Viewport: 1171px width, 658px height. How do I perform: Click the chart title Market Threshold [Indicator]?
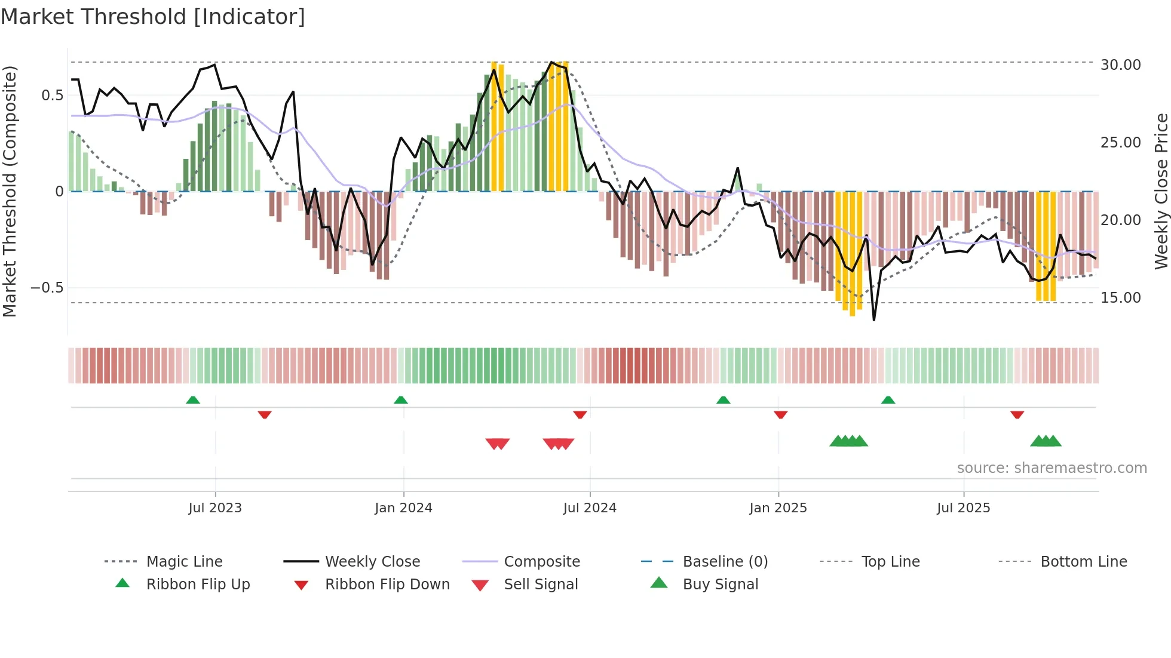[x=153, y=17]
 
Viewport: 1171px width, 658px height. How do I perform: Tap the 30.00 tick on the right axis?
[x=1120, y=64]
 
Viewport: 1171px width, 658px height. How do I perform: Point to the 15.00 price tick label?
[x=1120, y=297]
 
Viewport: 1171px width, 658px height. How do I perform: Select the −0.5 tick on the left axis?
[x=47, y=288]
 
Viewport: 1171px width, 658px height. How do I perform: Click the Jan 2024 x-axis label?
[x=403, y=508]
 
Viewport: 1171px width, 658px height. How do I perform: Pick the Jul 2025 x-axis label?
[x=963, y=508]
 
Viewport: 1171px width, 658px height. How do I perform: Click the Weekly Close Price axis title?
[x=1161, y=191]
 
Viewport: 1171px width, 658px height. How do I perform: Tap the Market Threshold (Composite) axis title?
[x=10, y=191]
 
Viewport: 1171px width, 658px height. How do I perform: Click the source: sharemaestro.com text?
[x=1052, y=468]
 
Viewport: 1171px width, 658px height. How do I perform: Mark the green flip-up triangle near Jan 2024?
[x=401, y=400]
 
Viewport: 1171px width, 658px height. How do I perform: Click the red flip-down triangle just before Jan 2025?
[x=780, y=414]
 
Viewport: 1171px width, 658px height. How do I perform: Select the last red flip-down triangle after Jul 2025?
[x=1017, y=414]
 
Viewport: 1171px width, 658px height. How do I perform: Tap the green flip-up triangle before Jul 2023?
[x=192, y=400]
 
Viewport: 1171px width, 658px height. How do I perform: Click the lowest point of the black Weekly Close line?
[x=874, y=320]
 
